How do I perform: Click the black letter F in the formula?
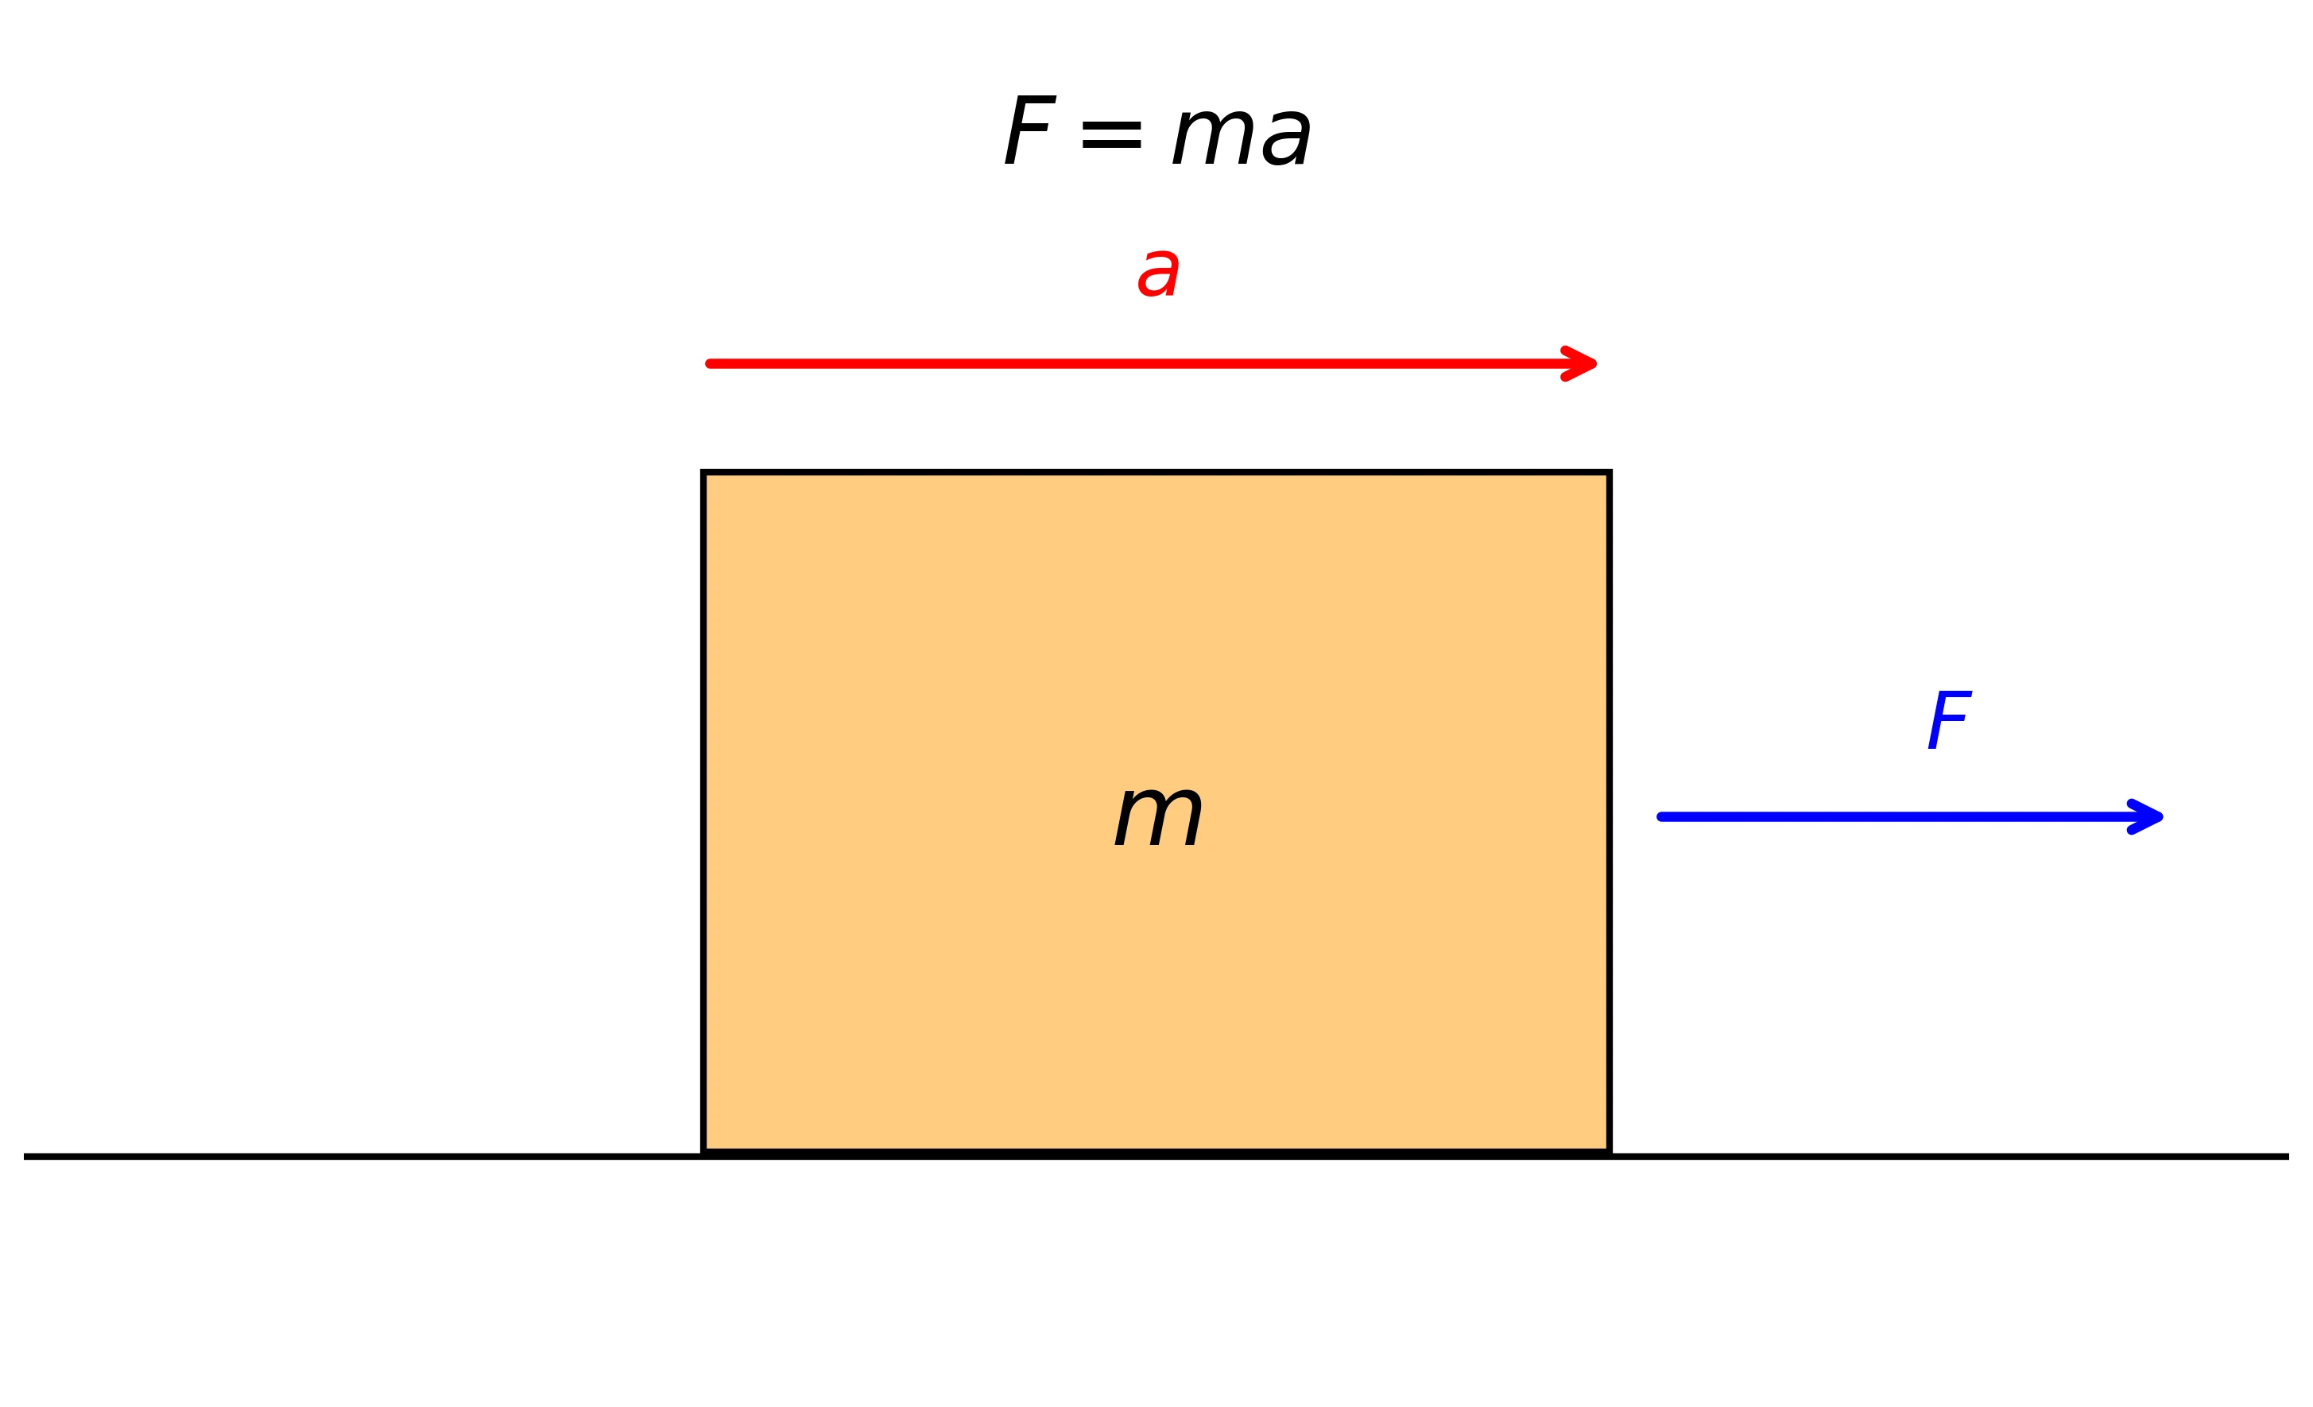coord(1030,130)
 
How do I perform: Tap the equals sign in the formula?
coord(1111,135)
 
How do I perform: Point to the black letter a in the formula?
coord(1286,138)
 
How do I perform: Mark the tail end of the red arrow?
coord(711,363)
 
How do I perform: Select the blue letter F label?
coord(1949,720)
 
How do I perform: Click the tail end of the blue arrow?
coord(1661,816)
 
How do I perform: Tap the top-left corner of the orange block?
coord(703,472)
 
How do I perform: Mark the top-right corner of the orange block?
coord(1609,472)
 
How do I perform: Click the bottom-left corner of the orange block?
coord(703,1153)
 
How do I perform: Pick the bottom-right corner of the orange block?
coord(1609,1153)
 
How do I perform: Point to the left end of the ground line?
coord(25,1157)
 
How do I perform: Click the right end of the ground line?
coord(2288,1157)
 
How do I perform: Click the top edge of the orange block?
coord(1156,472)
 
